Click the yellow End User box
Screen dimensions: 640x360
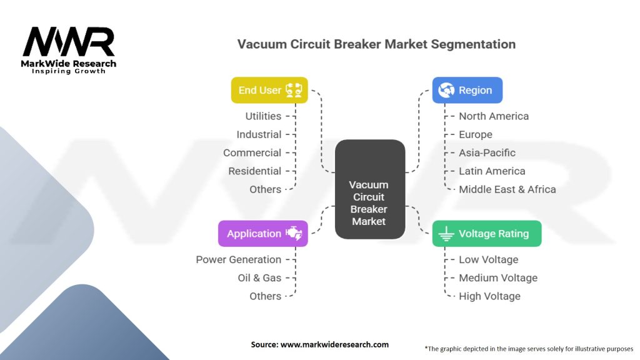coord(269,90)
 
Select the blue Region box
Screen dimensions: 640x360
coord(467,90)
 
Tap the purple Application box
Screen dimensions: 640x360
coord(263,234)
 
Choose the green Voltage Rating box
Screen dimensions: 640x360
coord(487,234)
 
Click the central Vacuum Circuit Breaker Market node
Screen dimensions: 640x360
coord(370,189)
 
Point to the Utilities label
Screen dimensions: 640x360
coord(263,116)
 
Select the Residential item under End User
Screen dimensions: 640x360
coord(255,171)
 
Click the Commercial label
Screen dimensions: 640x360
coord(252,152)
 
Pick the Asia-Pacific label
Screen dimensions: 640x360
coord(487,152)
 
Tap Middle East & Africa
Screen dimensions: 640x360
coord(507,189)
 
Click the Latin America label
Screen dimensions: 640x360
coord(492,171)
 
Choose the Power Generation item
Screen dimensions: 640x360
coord(238,259)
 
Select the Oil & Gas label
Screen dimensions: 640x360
coord(259,278)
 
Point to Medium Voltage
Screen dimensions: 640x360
coord(498,278)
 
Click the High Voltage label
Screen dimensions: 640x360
coord(489,296)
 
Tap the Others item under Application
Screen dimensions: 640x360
coord(265,296)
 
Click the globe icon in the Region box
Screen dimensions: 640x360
coord(446,90)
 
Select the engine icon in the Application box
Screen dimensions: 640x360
coord(294,233)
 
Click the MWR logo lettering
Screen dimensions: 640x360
coord(69,42)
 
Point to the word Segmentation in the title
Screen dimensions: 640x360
coord(473,44)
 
